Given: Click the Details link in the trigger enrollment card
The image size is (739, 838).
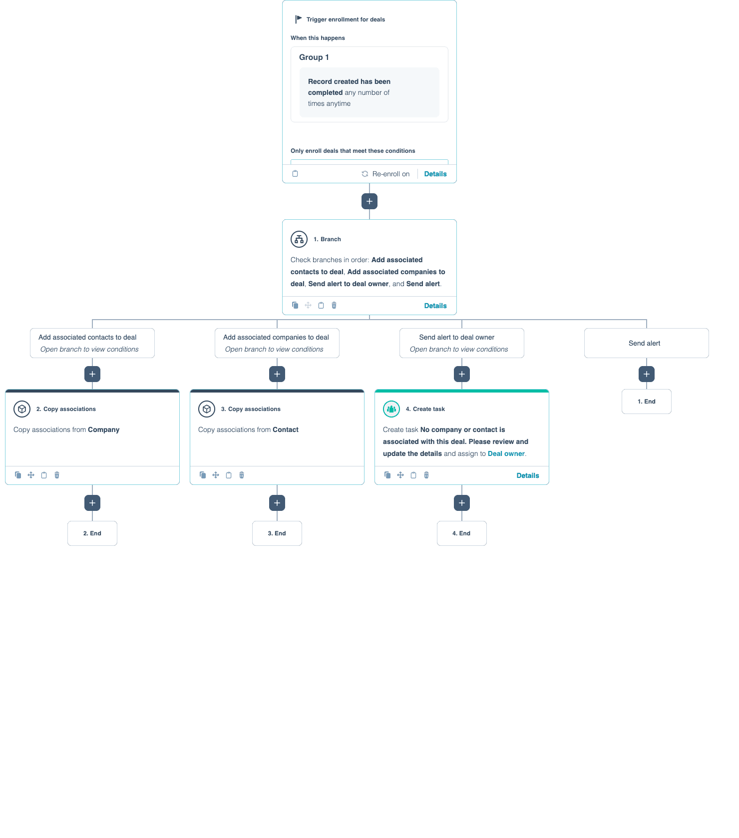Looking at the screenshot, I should pos(435,174).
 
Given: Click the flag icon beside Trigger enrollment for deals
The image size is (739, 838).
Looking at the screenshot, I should pos(298,19).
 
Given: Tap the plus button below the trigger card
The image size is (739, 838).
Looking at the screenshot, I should pos(369,201).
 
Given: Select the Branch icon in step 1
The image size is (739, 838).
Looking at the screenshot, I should pos(299,239).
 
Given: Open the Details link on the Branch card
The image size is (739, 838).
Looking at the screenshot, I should pos(435,306).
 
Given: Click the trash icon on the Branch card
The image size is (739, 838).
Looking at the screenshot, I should pos(334,305).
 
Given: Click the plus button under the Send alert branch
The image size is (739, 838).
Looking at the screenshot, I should pos(647,374).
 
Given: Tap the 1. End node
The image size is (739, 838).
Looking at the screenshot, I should pos(647,402).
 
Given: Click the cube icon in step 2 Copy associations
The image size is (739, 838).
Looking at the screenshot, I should pos(22,409).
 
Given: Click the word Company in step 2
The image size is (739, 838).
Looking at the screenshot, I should pos(104,429).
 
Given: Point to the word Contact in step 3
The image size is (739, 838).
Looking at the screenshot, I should pos(286,429).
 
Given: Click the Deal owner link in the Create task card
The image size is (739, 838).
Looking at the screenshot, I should pos(506,453).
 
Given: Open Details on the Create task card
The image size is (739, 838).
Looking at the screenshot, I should pos(527,475).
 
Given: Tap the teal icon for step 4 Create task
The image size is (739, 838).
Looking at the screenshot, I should pos(391,409).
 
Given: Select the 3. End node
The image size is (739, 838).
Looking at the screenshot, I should pos(277,533).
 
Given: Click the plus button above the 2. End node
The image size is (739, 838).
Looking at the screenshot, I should pos(92,503).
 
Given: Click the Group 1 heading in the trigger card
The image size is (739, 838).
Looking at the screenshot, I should pos(314,57).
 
